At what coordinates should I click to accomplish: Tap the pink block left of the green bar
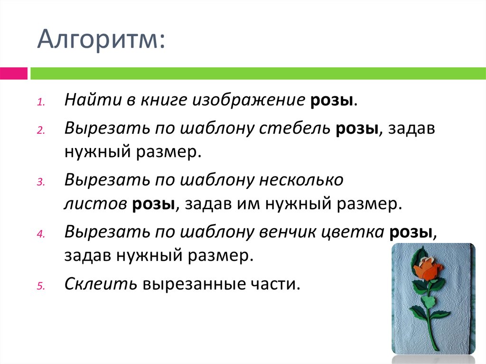(13, 74)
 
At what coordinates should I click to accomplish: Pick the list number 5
(40, 286)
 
